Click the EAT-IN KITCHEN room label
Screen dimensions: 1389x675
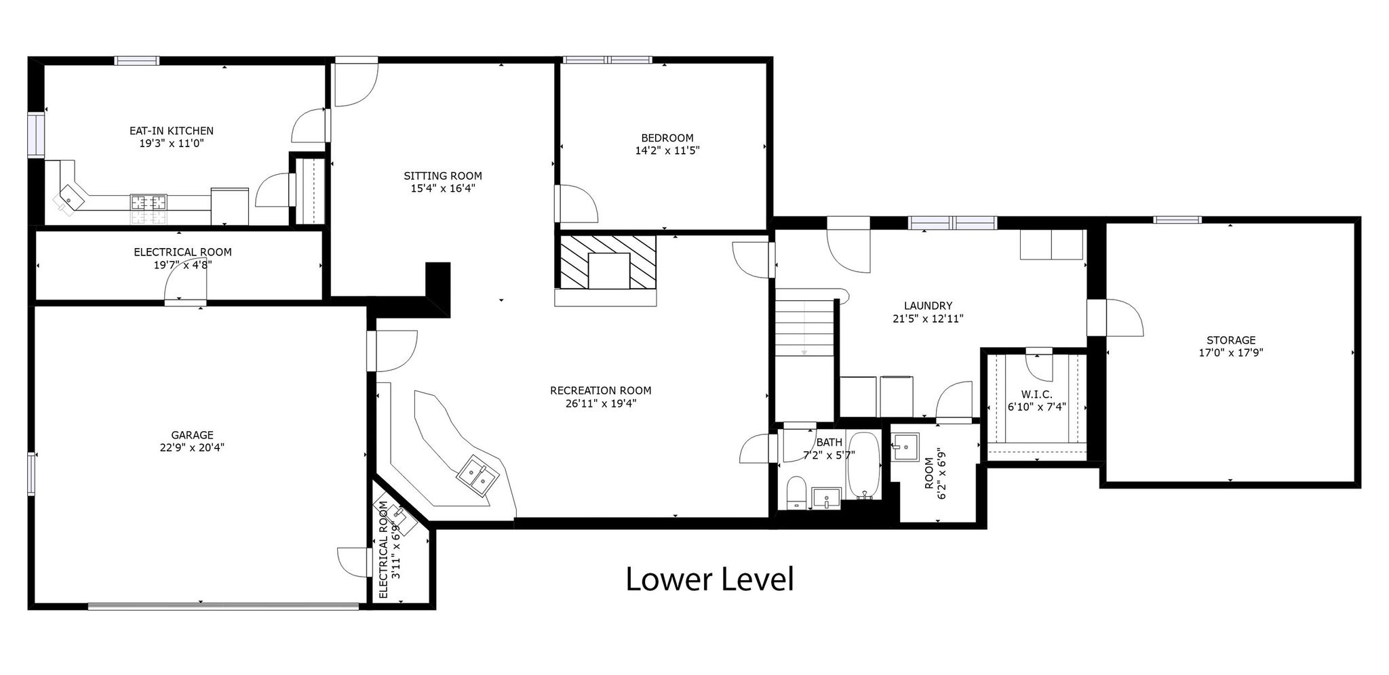click(172, 131)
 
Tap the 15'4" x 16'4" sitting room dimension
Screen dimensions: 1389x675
click(443, 188)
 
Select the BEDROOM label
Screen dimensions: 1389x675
click(667, 138)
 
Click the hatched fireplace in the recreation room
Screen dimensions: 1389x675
click(608, 262)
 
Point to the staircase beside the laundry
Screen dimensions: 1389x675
click(805, 327)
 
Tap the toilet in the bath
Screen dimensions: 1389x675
click(796, 492)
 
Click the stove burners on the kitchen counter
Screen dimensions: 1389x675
click(149, 201)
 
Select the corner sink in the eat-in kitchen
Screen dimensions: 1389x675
click(70, 198)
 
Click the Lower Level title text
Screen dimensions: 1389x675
click(709, 580)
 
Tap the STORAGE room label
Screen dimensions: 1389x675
click(1231, 340)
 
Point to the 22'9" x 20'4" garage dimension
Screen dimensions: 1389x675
click(192, 447)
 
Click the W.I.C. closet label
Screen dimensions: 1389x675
click(1037, 394)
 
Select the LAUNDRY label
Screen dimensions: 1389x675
click(928, 306)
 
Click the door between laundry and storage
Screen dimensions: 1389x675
click(1114, 318)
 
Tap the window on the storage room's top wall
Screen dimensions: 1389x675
click(1177, 220)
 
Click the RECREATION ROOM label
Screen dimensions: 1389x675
click(600, 390)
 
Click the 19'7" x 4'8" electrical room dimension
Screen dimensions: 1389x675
click(182, 264)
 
